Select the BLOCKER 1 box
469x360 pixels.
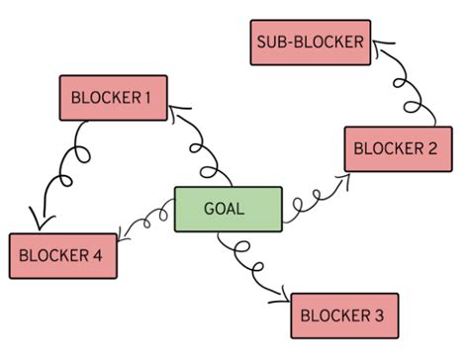[111, 98]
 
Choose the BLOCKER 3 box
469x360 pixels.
[344, 315]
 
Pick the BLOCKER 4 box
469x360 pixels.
[62, 256]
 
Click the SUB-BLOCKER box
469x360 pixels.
[309, 43]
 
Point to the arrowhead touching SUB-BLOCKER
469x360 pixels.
[378, 45]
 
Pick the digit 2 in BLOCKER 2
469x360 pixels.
[433, 149]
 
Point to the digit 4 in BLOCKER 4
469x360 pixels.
[98, 256]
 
